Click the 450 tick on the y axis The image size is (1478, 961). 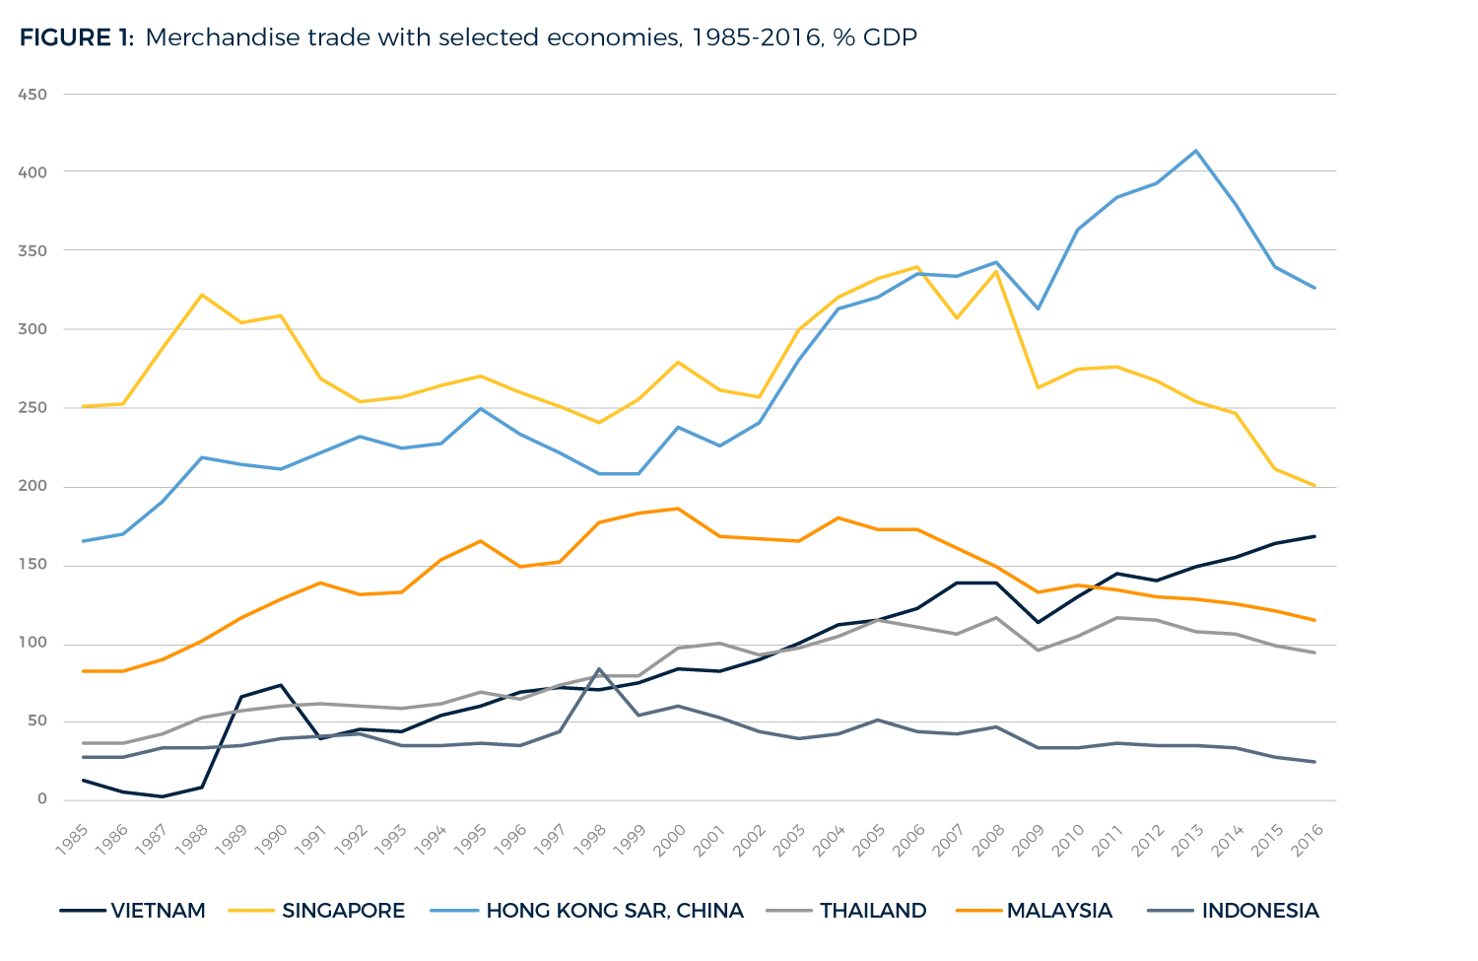34,95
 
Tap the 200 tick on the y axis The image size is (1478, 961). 34,487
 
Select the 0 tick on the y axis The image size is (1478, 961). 41,799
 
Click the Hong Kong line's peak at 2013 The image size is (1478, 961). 1195,151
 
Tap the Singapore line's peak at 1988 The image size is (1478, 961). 201,295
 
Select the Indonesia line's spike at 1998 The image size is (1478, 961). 599,668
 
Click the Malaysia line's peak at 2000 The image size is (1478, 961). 678,509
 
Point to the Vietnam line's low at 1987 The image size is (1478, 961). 162,796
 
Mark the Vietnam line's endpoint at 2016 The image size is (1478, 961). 1314,536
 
